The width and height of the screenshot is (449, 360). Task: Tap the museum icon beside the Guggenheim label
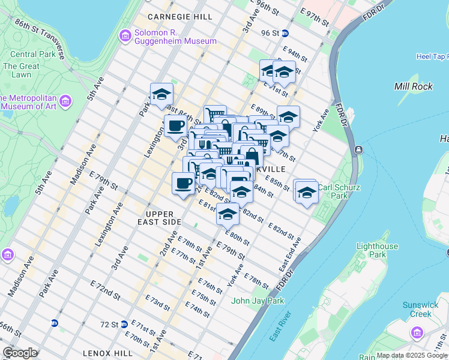[125, 36]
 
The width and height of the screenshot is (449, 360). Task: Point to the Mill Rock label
[413, 86]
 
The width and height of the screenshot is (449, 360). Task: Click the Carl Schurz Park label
[339, 191]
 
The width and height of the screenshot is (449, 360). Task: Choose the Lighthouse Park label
[377, 250]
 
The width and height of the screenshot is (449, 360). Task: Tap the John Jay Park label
[258, 301]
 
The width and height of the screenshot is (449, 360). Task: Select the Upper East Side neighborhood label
[163, 218]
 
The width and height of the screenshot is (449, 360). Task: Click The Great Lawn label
[21, 70]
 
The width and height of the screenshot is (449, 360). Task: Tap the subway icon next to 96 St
[285, 34]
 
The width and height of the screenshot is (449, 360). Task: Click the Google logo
[20, 353]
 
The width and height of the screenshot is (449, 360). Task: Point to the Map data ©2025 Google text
[412, 355]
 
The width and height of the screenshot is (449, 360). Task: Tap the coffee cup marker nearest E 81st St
[183, 182]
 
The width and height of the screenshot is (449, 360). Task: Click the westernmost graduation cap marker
[161, 94]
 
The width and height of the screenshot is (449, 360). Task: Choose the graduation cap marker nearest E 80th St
[228, 213]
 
